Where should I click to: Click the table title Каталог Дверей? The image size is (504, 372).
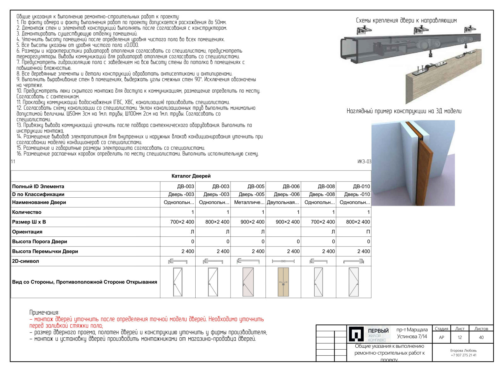(191, 176)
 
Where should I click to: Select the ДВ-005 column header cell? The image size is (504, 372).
(256, 186)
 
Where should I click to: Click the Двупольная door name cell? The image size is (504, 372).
(283, 202)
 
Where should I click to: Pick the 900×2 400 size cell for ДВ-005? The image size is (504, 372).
(252, 222)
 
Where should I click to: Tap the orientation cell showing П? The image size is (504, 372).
(368, 232)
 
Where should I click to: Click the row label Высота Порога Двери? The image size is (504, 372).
(40, 241)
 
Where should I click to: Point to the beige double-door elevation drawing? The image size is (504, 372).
(283, 282)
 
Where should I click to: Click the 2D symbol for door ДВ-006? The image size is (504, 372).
(283, 261)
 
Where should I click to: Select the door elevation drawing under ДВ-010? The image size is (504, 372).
(353, 282)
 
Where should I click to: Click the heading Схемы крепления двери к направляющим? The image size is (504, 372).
(406, 20)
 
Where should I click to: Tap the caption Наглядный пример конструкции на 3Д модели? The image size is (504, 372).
(404, 111)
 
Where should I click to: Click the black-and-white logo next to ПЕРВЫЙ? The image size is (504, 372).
(356, 334)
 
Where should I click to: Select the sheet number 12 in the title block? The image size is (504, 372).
(460, 337)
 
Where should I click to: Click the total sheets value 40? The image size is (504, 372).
(481, 337)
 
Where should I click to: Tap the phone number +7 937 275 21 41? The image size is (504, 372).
(463, 355)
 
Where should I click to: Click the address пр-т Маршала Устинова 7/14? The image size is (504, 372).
(412, 333)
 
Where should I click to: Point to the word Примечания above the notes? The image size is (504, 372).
(44, 312)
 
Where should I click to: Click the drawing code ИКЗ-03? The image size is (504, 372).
(364, 162)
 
